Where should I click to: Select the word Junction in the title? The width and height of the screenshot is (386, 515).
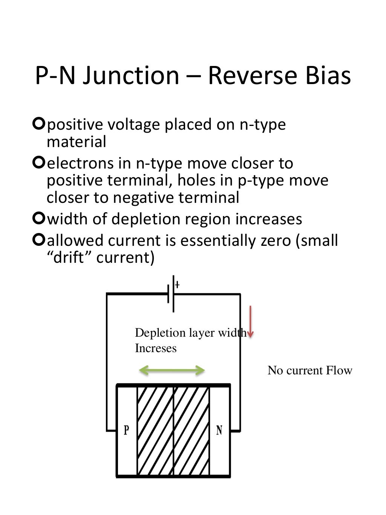click(130, 75)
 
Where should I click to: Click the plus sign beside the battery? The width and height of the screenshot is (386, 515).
click(177, 285)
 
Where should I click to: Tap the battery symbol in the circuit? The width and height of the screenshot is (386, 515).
click(171, 294)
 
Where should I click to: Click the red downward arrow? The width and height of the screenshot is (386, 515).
click(250, 321)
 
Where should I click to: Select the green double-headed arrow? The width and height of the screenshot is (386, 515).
click(172, 371)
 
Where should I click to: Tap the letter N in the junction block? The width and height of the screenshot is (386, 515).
click(219, 430)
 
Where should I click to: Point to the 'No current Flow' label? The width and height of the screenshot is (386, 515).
click(310, 370)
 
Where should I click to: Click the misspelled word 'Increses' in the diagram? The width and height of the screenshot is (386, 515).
click(156, 348)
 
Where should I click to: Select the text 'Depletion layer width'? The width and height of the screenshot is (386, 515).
click(190, 333)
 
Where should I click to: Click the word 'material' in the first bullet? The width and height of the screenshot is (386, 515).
click(77, 142)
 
